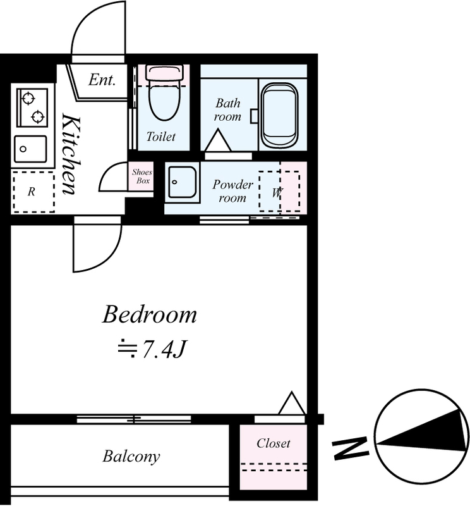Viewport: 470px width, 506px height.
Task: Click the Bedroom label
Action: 149,314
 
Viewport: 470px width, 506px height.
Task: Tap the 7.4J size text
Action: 152,349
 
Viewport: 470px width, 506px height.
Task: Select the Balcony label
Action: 131,457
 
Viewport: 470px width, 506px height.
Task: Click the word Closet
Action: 274,443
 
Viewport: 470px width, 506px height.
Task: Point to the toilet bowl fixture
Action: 164,92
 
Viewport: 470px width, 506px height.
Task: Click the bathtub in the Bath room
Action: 279,116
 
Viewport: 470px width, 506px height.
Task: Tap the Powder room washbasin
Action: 182,182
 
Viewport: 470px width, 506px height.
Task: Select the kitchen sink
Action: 30,149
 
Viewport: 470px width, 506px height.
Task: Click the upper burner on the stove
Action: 28,99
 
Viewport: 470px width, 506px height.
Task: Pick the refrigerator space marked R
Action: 33,192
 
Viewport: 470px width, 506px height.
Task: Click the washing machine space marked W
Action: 279,192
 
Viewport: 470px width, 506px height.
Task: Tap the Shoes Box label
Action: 142,176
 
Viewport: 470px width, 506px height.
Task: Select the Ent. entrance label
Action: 102,80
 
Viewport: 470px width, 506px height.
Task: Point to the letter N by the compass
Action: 351,448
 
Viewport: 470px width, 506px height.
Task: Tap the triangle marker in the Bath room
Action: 218,140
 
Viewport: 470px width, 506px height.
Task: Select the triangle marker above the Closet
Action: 292,403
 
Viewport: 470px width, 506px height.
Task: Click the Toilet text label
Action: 161,137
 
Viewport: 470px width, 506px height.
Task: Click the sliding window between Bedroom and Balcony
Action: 134,419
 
